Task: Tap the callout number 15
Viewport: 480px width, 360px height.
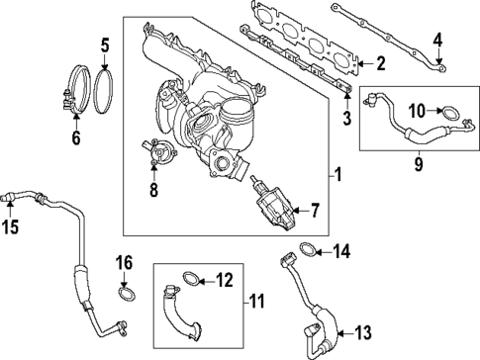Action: point(11,226)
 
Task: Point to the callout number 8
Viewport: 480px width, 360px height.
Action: point(152,189)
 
